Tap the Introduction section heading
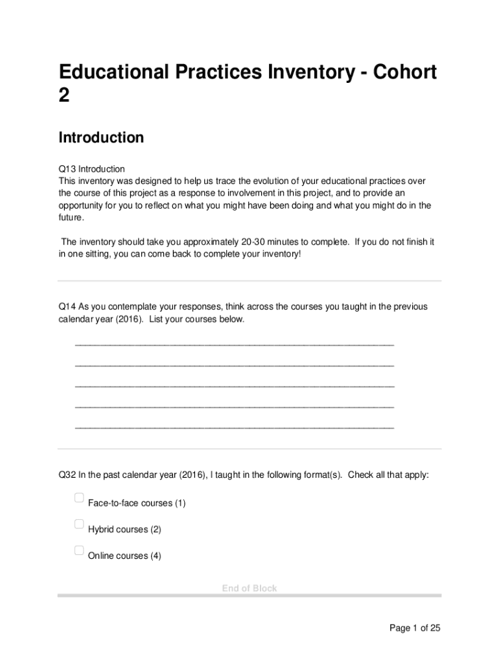coord(101,138)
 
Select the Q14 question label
coord(67,306)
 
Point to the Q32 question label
coord(67,475)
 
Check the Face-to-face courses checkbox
coord(79,498)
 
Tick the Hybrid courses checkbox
coord(79,524)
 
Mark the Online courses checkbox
coord(79,551)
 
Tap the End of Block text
coord(250,588)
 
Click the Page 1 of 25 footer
coord(415,628)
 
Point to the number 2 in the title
coord(64,96)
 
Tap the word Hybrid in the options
coord(102,530)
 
